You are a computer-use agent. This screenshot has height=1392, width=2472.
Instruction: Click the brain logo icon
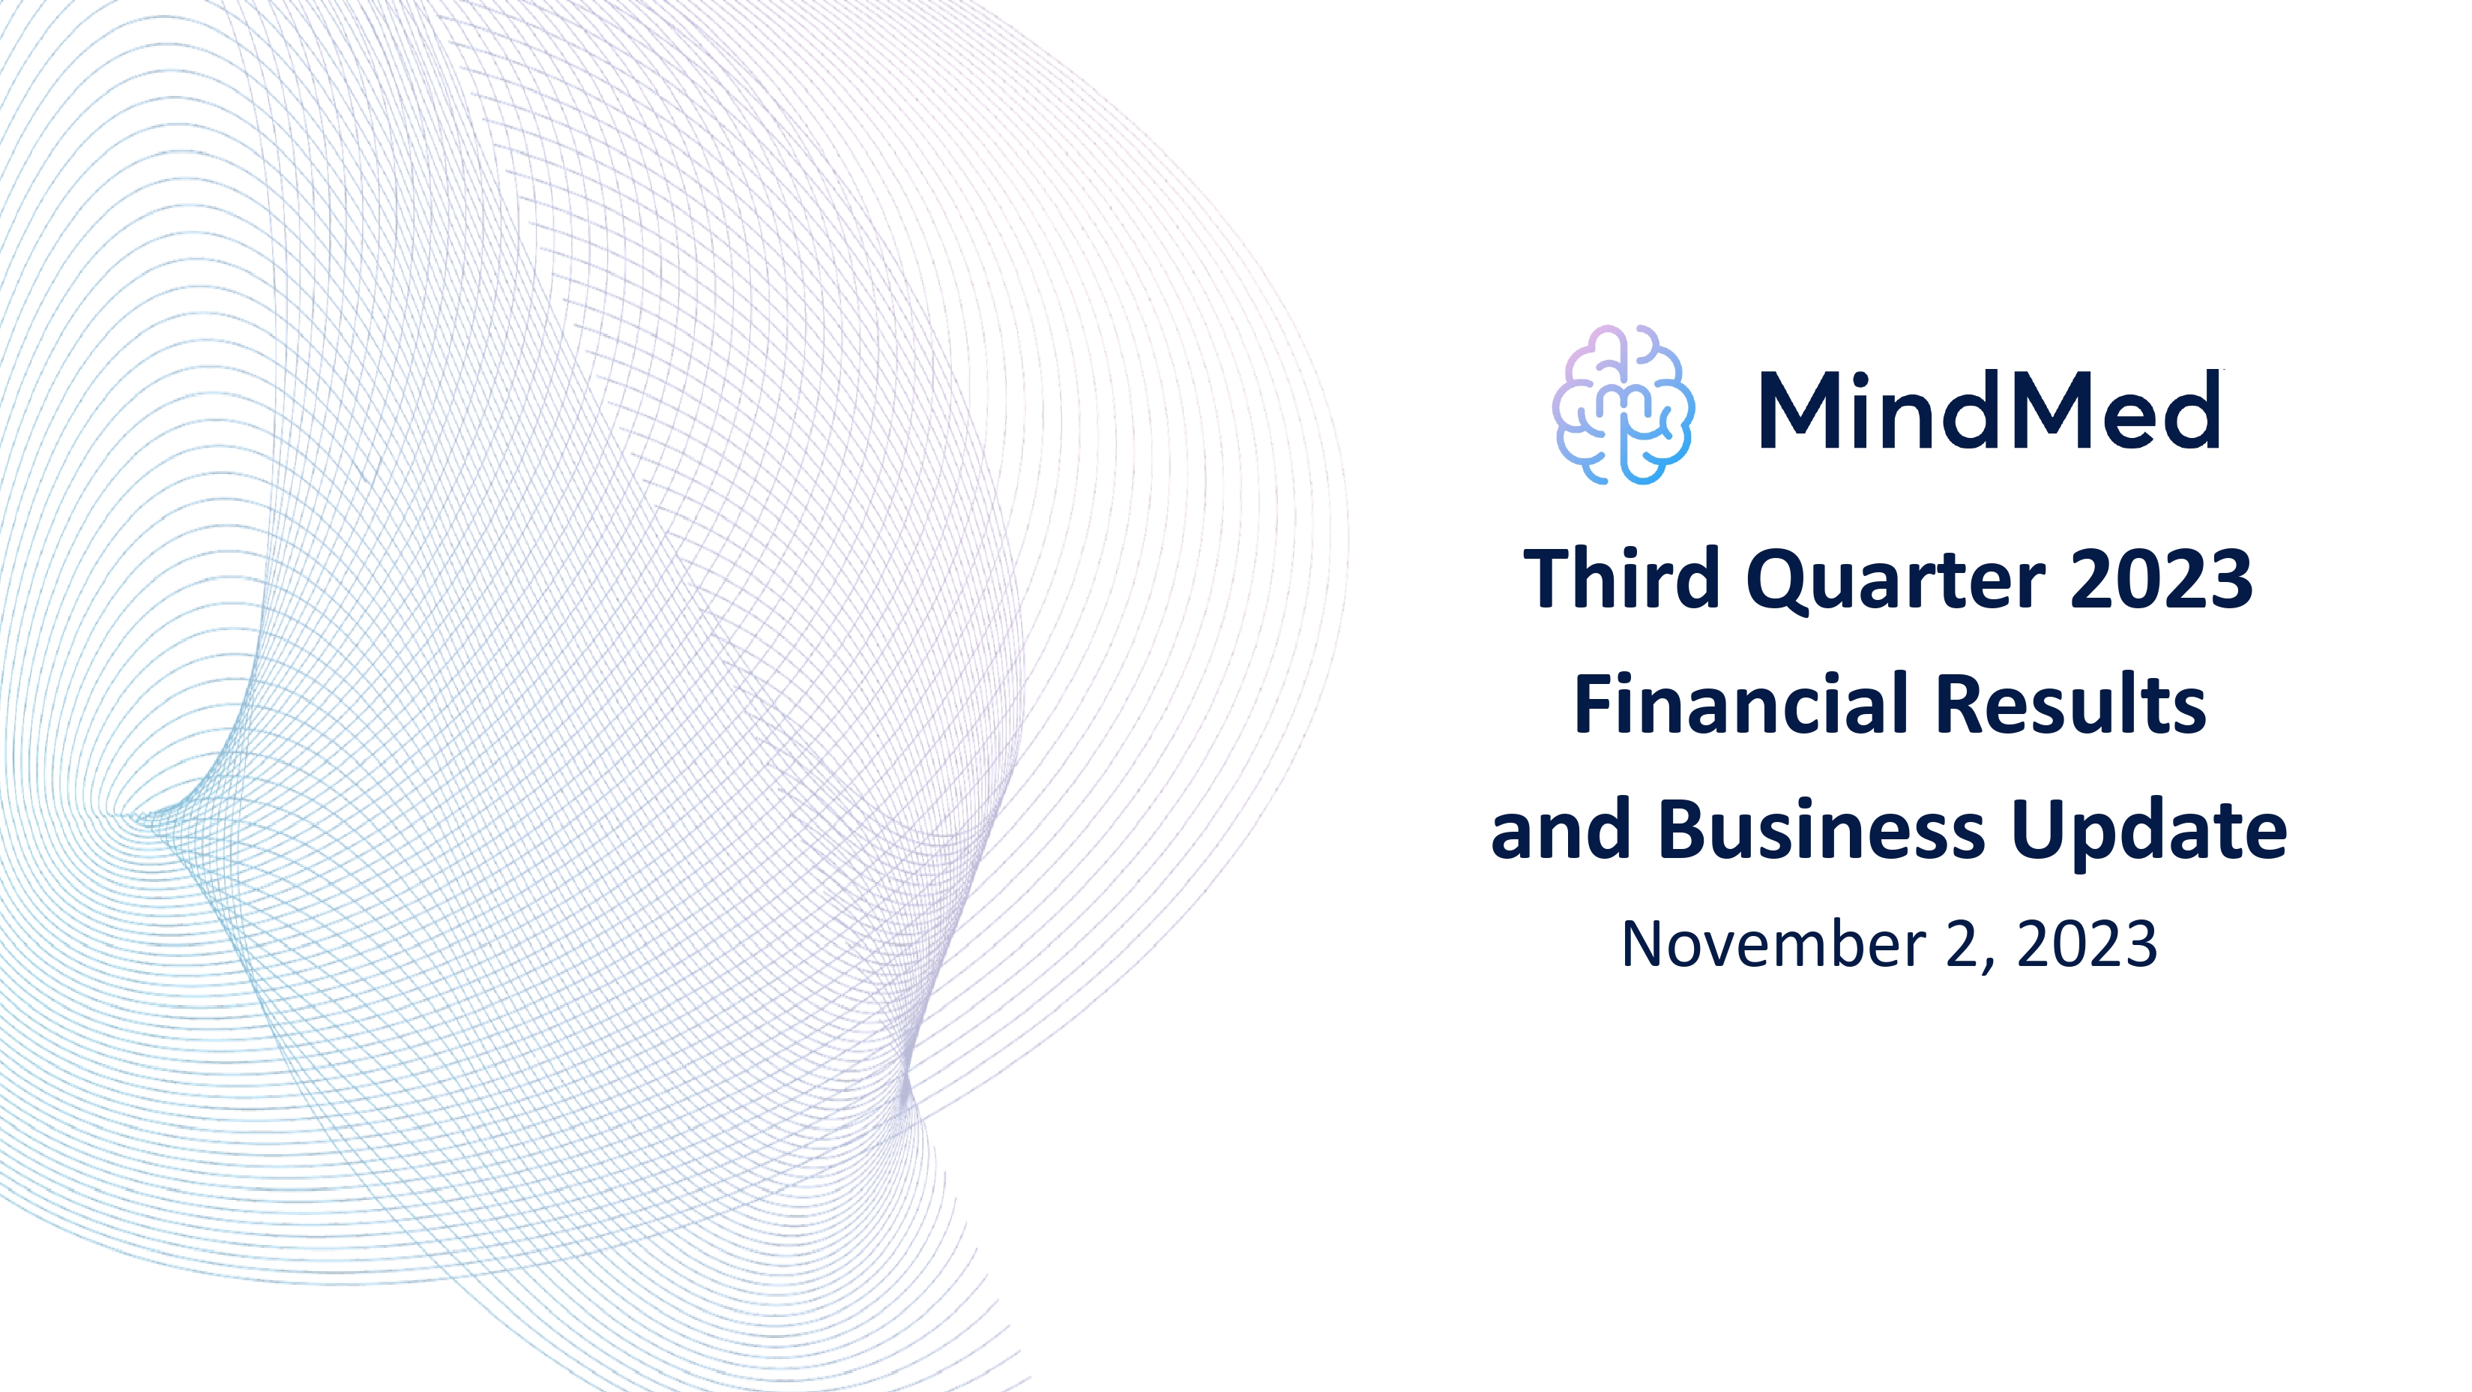click(1624, 405)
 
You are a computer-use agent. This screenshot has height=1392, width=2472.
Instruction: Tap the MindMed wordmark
click(1989, 411)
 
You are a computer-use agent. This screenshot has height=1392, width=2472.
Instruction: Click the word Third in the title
click(1622, 579)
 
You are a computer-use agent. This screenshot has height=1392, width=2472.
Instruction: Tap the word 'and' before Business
click(1561, 829)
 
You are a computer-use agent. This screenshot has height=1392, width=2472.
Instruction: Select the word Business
click(1821, 829)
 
